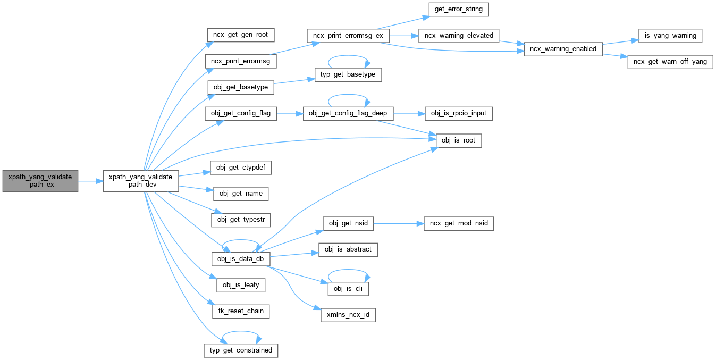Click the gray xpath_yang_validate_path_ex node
[x=40, y=181]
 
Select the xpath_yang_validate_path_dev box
[x=140, y=181]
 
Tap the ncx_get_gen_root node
[x=240, y=36]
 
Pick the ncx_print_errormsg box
[x=240, y=61]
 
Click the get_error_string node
[x=458, y=10]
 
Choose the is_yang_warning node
[x=670, y=36]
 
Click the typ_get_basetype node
[x=348, y=74]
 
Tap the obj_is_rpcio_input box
[x=459, y=113]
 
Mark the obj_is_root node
[x=459, y=140]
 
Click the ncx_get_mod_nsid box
[x=458, y=224]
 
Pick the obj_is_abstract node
[x=348, y=249]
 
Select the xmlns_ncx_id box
[x=348, y=315]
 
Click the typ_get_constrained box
[x=241, y=350]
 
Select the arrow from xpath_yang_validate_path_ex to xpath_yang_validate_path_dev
[x=90, y=181]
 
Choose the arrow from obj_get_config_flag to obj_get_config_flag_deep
[x=290, y=113]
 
